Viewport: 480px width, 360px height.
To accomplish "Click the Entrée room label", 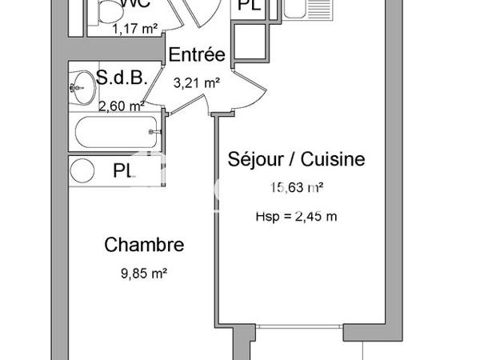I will coord(197,56).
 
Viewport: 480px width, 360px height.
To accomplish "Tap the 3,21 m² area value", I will coord(196,82).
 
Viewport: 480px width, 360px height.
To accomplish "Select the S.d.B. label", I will coord(119,78).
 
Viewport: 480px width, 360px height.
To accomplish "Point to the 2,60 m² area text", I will coord(121,105).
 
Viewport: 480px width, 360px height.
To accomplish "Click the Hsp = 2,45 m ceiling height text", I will coord(296,214).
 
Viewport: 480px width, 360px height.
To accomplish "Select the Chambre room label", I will coord(145,246).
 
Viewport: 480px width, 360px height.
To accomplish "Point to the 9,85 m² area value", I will coord(144,273).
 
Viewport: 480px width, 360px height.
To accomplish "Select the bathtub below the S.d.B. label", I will coord(115,132).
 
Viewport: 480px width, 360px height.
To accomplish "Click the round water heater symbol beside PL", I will coord(81,170).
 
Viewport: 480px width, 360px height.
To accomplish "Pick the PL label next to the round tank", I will coord(123,170).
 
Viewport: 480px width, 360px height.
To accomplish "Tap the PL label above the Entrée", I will coord(248,7).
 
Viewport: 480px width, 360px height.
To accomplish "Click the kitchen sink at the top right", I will coord(305,10).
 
